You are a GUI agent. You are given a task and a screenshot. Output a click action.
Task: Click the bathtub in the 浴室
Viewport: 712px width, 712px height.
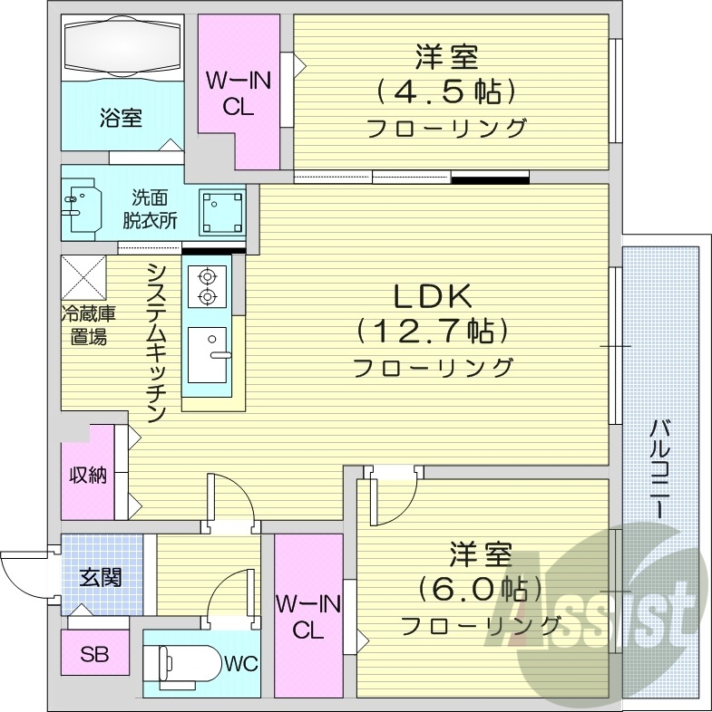point(122,47)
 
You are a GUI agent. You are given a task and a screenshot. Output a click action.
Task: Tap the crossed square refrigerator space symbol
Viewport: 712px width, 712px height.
point(83,277)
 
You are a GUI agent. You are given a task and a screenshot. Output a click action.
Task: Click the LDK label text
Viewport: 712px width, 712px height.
point(431,296)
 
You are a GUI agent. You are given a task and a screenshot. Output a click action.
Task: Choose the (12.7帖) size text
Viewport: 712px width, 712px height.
point(432,332)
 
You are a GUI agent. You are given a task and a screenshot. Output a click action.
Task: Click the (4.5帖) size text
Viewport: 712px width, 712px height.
point(446,91)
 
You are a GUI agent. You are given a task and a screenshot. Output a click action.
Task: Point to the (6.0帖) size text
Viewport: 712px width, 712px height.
point(481,589)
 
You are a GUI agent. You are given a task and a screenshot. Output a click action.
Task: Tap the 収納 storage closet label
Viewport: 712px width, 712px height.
point(88,475)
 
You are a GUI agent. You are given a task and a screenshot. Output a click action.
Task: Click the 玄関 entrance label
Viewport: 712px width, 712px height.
point(100,577)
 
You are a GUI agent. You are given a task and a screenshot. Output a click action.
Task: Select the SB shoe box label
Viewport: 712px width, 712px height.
point(93,654)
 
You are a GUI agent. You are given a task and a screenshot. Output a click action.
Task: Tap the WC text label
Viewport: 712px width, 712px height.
point(240,664)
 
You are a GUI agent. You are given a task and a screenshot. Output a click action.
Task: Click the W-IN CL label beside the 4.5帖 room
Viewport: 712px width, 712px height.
point(239,93)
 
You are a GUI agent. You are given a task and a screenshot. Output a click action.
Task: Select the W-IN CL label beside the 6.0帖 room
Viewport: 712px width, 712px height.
point(308,616)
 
